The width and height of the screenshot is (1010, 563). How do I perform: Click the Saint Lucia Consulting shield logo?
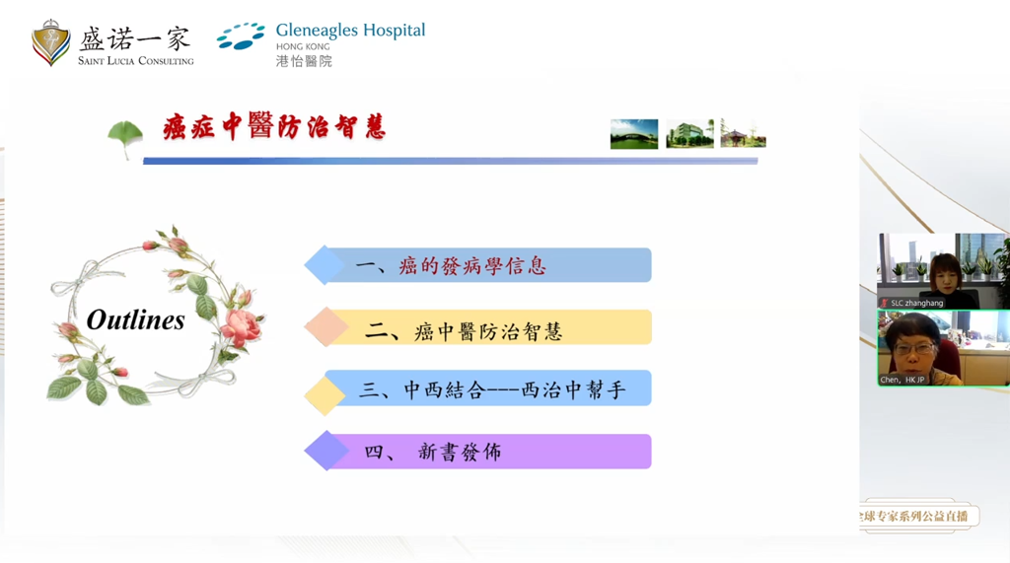pyautogui.click(x=50, y=42)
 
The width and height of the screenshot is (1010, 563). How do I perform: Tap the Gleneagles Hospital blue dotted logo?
pyautogui.click(x=240, y=36)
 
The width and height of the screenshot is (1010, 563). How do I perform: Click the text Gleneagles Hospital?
pyautogui.click(x=350, y=30)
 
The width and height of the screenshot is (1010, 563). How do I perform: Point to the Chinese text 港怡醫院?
pyautogui.click(x=304, y=61)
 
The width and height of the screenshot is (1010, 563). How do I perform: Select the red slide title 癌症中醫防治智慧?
pyautogui.click(x=274, y=128)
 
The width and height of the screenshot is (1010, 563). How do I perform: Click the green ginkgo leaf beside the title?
pyautogui.click(x=124, y=137)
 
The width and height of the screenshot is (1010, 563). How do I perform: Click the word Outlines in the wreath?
pyautogui.click(x=135, y=319)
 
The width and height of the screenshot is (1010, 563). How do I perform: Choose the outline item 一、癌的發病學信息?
pyautogui.click(x=451, y=266)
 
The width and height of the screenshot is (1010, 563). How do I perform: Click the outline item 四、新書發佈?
pyautogui.click(x=433, y=452)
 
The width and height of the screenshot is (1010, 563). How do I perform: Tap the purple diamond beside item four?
pyautogui.click(x=325, y=452)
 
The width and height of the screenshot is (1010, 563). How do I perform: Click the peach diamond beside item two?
pyautogui.click(x=325, y=327)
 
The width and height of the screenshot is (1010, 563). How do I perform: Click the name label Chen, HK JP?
pyautogui.click(x=902, y=379)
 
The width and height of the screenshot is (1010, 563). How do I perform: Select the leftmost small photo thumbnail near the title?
pyautogui.click(x=634, y=134)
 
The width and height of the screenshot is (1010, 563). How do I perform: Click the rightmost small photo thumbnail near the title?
pyautogui.click(x=743, y=134)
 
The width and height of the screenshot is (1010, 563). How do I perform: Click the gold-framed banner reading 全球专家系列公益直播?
pyautogui.click(x=915, y=516)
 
